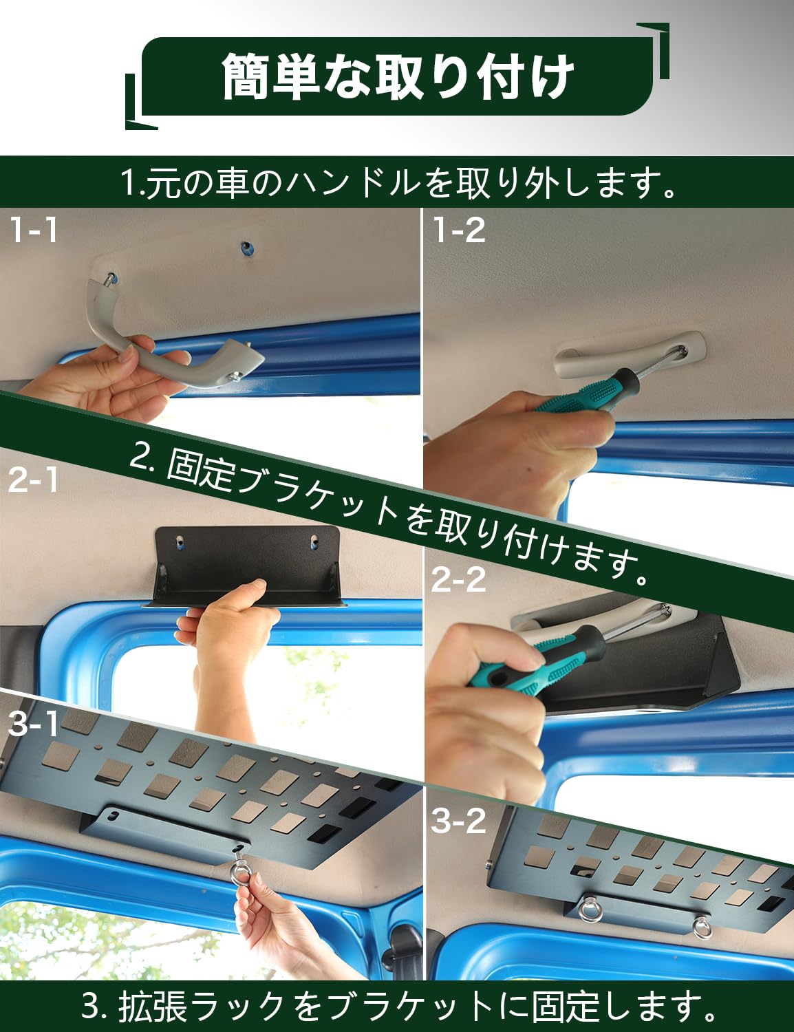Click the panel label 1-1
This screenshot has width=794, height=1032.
click(x=33, y=230)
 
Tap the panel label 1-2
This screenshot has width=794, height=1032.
click(x=459, y=230)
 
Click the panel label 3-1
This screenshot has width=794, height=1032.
click(x=33, y=723)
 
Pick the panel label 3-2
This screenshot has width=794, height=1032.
click(x=459, y=821)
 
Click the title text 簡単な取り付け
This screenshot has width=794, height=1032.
click(x=398, y=76)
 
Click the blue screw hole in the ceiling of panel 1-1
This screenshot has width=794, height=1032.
click(x=246, y=248)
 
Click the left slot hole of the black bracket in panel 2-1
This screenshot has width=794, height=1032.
click(x=180, y=541)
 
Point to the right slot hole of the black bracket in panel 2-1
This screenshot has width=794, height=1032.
click(x=314, y=541)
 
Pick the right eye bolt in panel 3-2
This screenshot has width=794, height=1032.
click(x=702, y=927)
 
